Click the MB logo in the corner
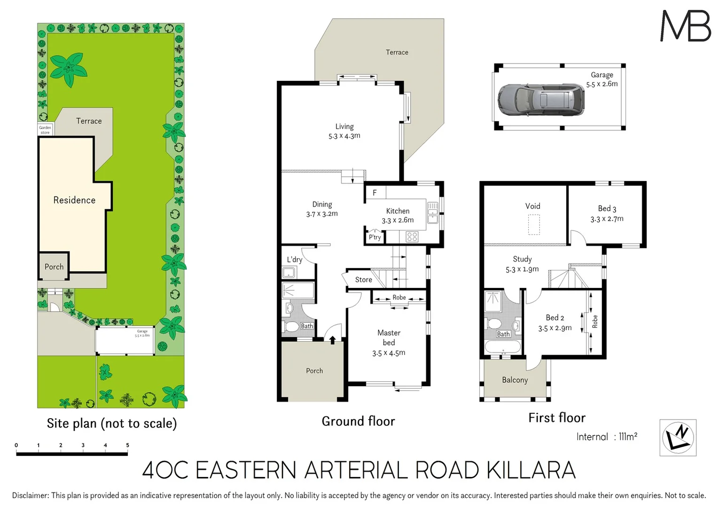686,26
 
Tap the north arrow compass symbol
678,437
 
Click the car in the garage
541,100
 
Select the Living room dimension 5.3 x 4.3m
344,136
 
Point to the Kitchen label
398,211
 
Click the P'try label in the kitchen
375,237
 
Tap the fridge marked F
375,192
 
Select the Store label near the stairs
363,279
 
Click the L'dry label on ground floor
295,260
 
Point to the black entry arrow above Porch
333,340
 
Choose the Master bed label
389,337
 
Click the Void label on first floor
532,206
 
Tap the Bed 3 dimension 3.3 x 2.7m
607,219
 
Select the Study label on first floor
522,259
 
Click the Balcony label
515,380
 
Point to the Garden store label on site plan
45,130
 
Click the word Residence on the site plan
74,200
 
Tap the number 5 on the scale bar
127,445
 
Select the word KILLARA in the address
531,470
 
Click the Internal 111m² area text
607,437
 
